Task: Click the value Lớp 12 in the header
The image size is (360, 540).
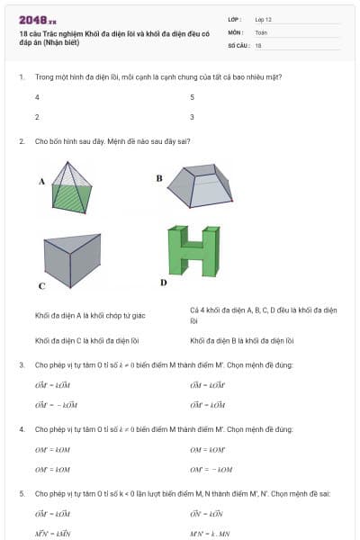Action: coord(264,19)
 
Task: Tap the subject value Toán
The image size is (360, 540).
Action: coord(261,31)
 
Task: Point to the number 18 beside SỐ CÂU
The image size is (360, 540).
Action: coord(258,45)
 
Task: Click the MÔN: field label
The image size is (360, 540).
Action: coord(236,31)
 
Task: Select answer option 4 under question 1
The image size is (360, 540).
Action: coord(37,96)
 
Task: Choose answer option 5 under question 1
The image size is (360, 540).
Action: coord(192,96)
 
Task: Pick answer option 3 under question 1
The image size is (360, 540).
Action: coord(192,117)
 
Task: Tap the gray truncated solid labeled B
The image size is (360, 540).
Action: coord(208,185)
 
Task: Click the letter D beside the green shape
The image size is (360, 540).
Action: coord(163,282)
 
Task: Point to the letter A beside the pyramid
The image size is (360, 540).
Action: coord(41,181)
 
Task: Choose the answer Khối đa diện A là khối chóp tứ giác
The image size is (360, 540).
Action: coord(90,315)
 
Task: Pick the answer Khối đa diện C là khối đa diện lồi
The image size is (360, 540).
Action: coord(87,341)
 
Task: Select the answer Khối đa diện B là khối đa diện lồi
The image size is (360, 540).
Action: coord(242,341)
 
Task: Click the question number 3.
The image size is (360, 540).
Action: coord(22,364)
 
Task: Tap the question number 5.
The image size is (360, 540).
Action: coord(22,493)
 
